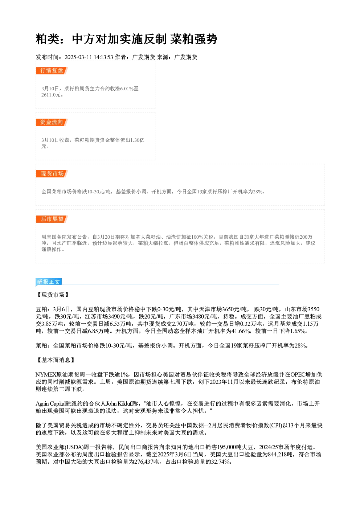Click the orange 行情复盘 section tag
[x=52, y=71]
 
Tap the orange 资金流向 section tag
[x=52, y=122]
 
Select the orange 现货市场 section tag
[x=52, y=174]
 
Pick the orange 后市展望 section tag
[x=52, y=219]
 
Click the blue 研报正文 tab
[x=49, y=282]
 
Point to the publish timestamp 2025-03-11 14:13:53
[x=89, y=57]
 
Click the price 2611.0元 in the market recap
[x=51, y=95]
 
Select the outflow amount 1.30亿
[x=137, y=140]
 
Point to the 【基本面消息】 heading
[x=56, y=360]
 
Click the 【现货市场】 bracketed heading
[x=53, y=295]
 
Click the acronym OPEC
[x=298, y=374]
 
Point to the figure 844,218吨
[x=281, y=455]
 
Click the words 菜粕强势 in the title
[x=194, y=39]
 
